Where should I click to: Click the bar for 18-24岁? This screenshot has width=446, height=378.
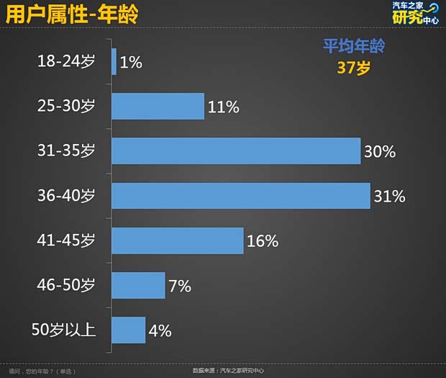(x=114, y=61)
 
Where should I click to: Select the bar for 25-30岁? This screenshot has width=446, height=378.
(x=158, y=107)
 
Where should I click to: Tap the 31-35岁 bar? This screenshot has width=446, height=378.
(x=235, y=151)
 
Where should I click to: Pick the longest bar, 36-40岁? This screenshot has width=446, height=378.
(x=240, y=196)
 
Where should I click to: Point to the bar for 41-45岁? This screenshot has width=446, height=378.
(x=177, y=240)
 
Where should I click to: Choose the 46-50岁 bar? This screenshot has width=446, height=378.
(x=138, y=285)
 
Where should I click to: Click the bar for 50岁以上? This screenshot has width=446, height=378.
(x=128, y=330)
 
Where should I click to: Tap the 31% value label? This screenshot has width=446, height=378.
(x=389, y=196)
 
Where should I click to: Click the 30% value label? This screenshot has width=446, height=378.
(x=380, y=152)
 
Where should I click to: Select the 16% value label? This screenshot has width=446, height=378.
(x=263, y=241)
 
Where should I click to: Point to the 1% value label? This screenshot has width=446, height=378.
(x=131, y=63)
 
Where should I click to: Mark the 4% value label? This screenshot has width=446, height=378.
(x=160, y=330)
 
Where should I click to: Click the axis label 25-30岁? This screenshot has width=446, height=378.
(x=65, y=107)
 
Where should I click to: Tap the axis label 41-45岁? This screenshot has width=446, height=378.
(x=65, y=240)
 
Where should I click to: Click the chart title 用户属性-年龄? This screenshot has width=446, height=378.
(x=73, y=14)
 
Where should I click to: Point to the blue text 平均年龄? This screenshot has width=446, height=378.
(x=353, y=47)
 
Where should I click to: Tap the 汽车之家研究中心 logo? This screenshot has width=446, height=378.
(x=414, y=13)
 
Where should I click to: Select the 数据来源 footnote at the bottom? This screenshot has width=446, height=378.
(x=228, y=371)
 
